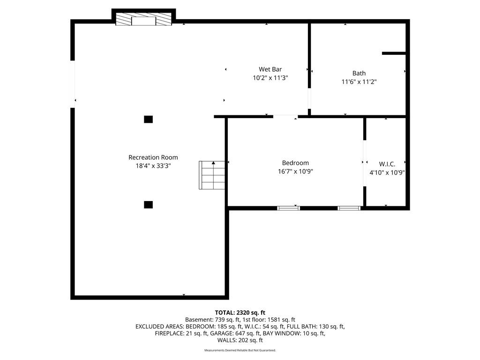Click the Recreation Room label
(153, 157)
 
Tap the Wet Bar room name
(270, 69)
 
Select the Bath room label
(359, 73)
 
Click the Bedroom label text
(295, 163)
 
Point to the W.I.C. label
(387, 164)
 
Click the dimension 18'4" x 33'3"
(153, 166)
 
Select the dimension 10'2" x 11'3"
(270, 78)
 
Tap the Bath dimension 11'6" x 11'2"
(359, 82)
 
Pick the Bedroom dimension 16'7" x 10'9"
(295, 172)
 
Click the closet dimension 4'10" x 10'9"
(387, 172)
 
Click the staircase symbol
(212, 175)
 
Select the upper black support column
(149, 120)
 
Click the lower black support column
(149, 204)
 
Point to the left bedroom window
(288, 208)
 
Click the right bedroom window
(349, 208)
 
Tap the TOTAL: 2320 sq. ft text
(240, 313)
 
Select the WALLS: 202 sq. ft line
(240, 340)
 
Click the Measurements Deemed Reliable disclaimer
(240, 350)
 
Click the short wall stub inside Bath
(394, 53)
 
